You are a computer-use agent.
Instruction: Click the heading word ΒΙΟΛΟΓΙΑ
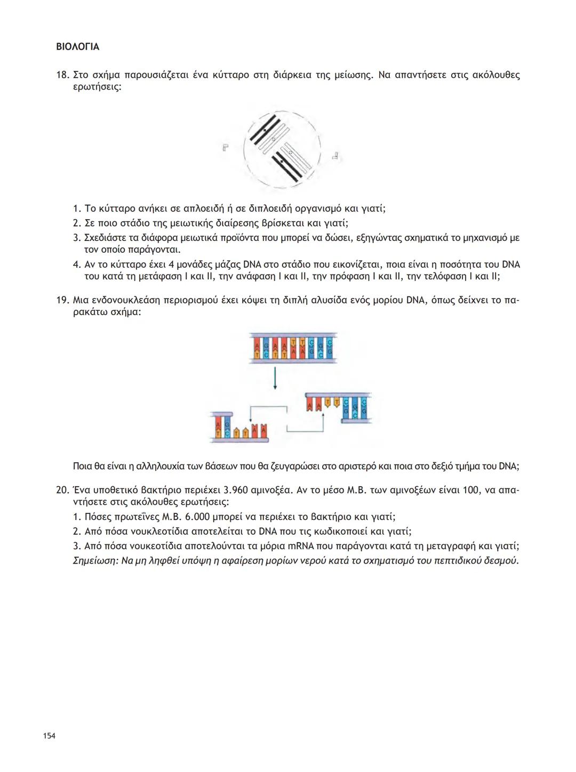[77, 47]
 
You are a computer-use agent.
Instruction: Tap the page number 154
[49, 736]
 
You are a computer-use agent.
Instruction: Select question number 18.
[62, 75]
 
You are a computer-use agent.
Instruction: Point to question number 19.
[62, 300]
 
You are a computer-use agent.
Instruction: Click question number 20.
[62, 490]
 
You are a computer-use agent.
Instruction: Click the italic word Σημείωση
[94, 561]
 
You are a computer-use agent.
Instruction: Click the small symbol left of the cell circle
[226, 147]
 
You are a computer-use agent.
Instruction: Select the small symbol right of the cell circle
[336, 156]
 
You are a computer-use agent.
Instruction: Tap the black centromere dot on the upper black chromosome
[264, 130]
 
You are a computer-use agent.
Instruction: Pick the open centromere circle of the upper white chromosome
[274, 139]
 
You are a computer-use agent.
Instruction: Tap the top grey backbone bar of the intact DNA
[293, 335]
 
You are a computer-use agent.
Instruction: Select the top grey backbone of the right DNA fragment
[338, 395]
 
